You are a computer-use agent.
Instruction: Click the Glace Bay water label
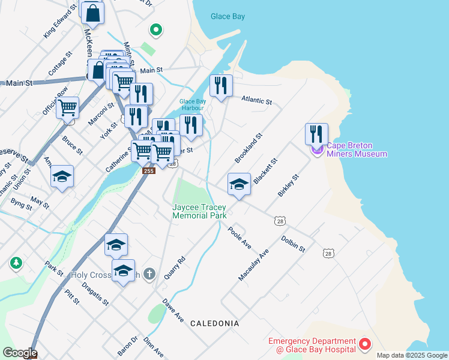pos(228,16)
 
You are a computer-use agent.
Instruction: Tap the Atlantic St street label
pos(257,100)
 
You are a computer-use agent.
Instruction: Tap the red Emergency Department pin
pos(364,344)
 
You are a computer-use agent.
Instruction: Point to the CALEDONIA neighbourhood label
pos(214,323)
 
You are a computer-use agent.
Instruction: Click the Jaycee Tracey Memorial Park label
pos(199,211)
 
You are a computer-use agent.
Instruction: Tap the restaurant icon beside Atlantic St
pos(221,85)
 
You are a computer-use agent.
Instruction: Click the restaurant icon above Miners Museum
pos(316,133)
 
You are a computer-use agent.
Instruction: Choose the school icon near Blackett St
pos(239,184)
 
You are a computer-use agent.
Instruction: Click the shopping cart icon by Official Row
pos(68,108)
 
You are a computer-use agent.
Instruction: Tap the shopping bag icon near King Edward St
pos(92,12)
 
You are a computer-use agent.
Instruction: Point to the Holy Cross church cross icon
pos(149,274)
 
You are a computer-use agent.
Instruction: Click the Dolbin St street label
pos(294,244)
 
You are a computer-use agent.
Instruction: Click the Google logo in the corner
pos(19,353)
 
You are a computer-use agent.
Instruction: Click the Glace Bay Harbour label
pos(193,105)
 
